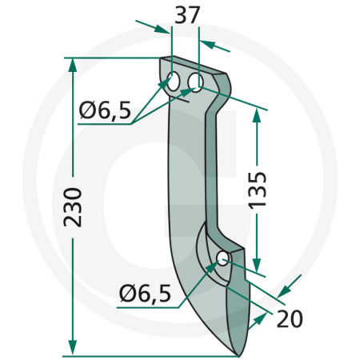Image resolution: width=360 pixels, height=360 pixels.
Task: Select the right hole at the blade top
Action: pos(194,82)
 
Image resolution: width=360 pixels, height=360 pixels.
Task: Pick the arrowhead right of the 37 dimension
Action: pos(206,44)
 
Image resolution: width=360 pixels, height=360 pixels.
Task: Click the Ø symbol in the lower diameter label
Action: pos(125,294)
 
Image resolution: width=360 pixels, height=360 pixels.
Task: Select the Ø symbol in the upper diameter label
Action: pos(87,110)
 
